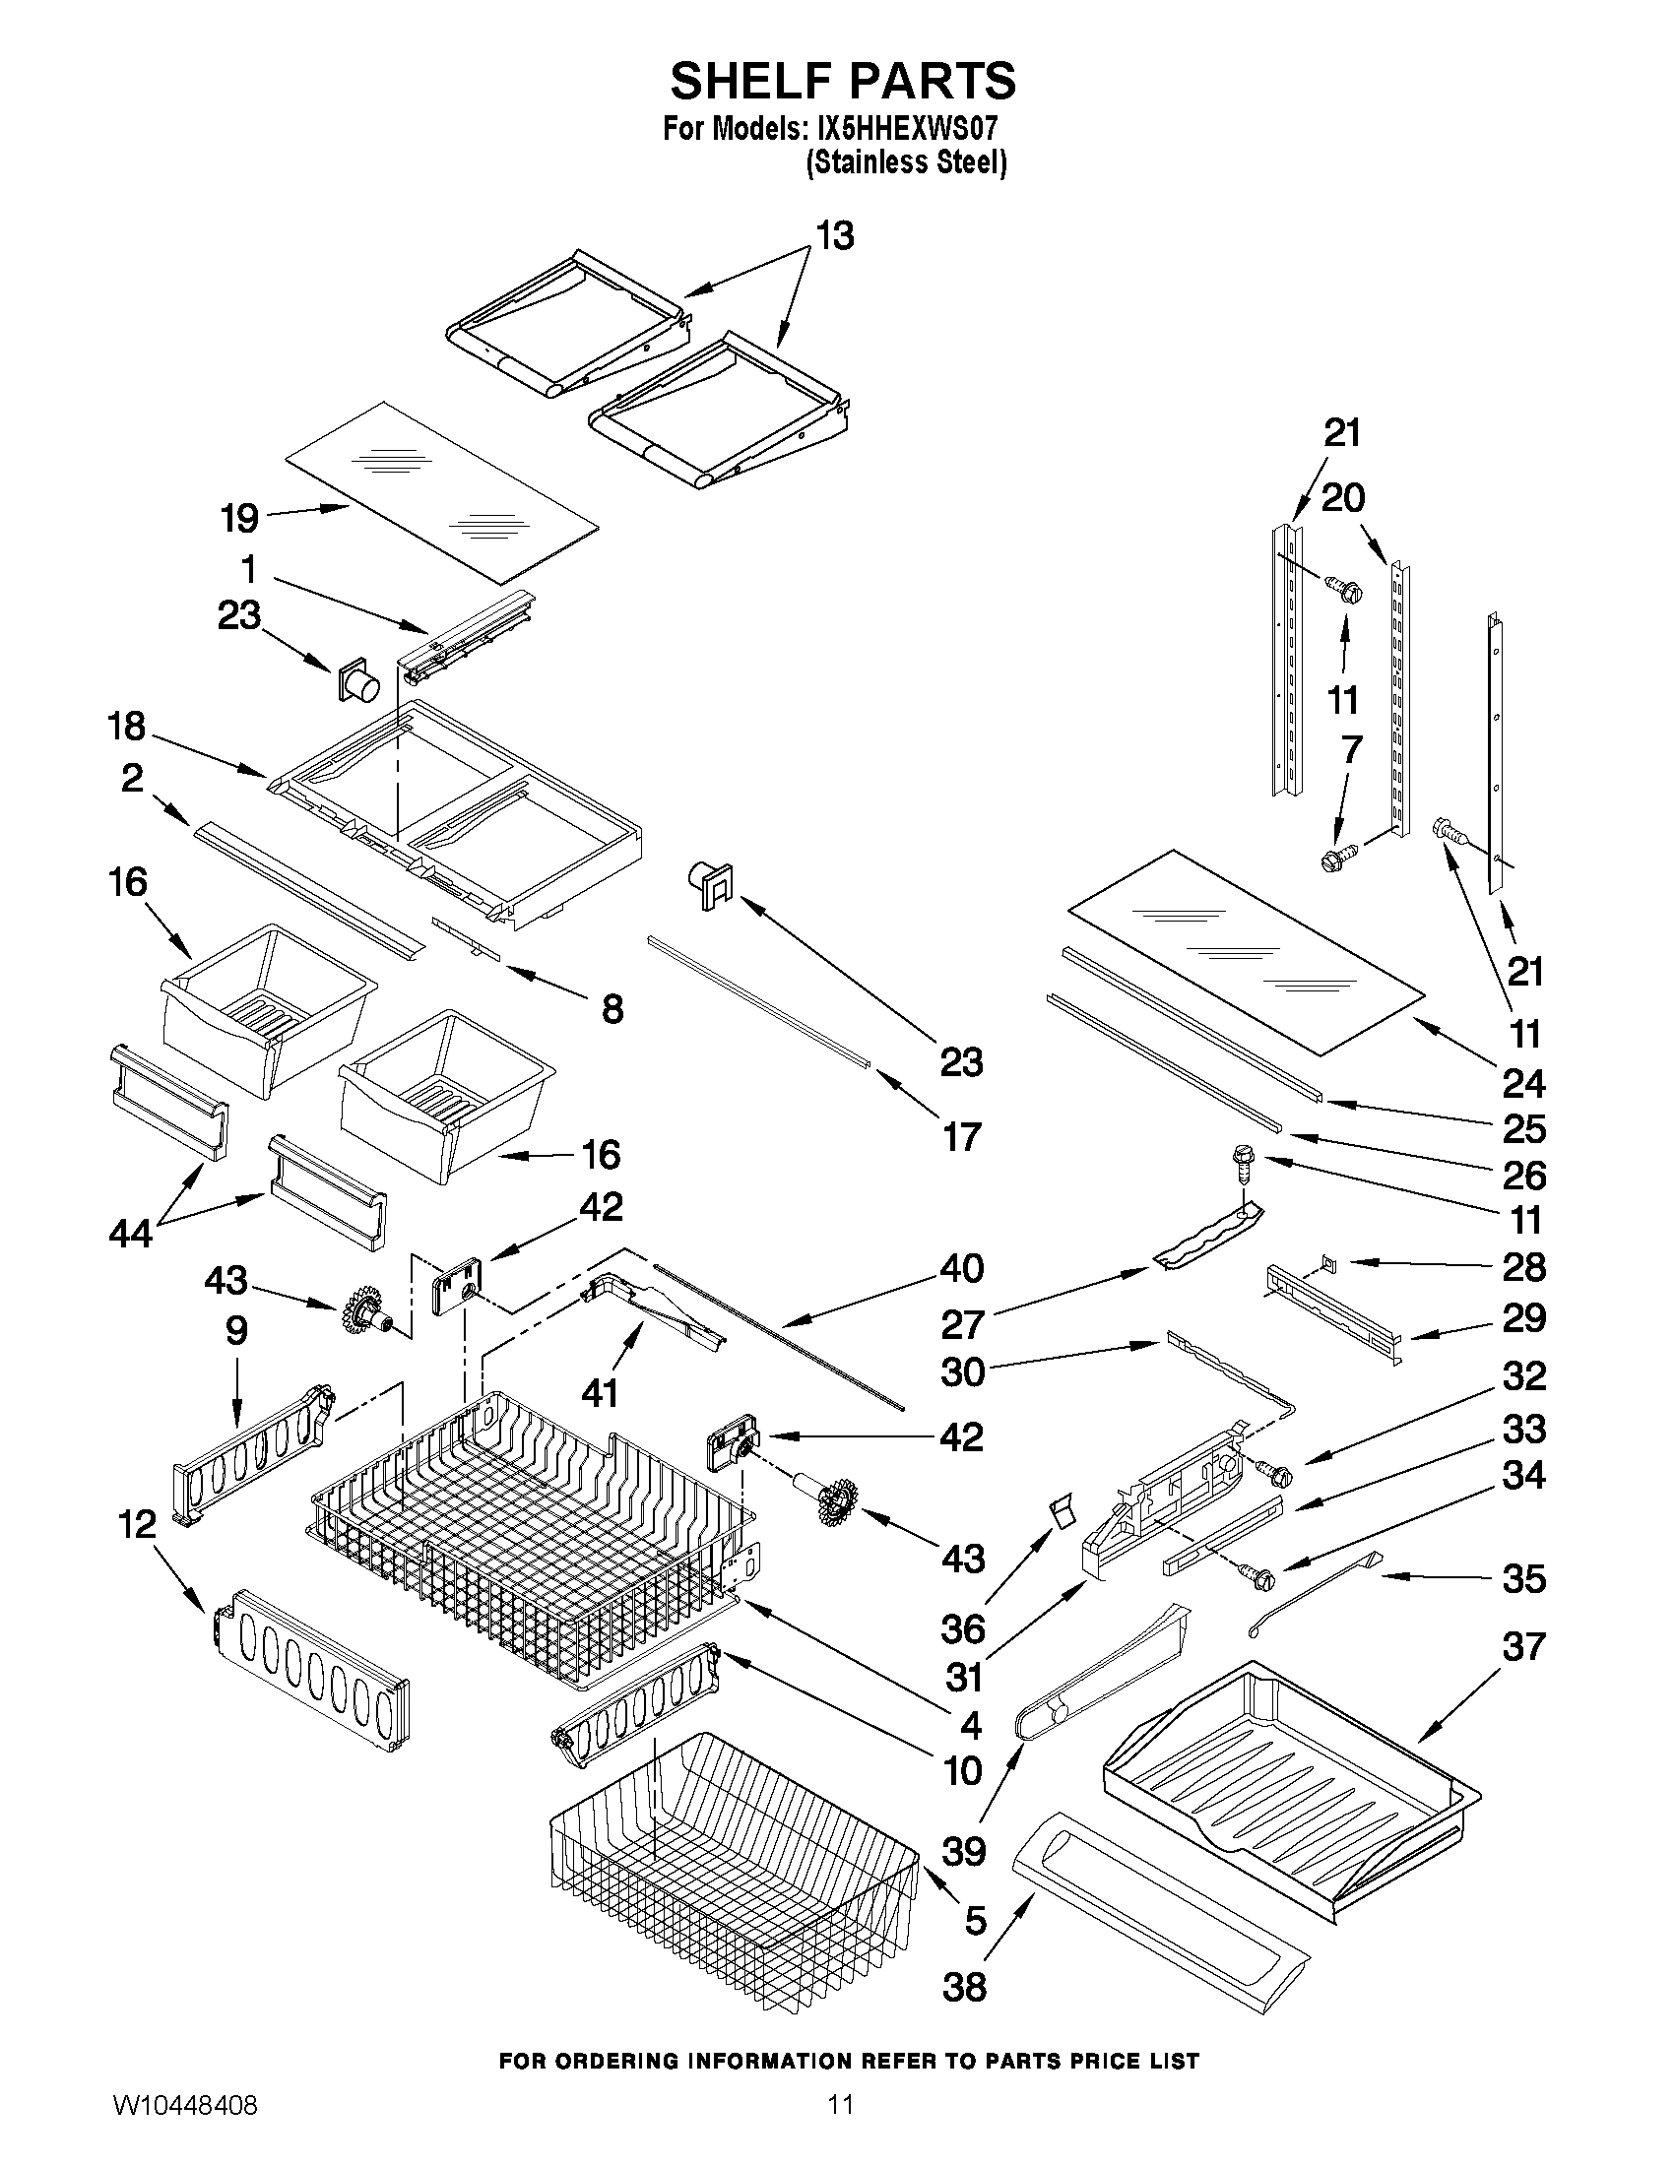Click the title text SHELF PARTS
click(x=843, y=82)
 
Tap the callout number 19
click(x=239, y=518)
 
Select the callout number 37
click(x=1523, y=1647)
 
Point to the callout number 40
click(x=960, y=1268)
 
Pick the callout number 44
click(x=131, y=1235)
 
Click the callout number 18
click(x=127, y=728)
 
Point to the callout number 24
click(x=1524, y=1083)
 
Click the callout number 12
click(x=137, y=1524)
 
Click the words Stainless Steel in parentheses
click(x=906, y=161)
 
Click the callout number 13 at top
click(x=834, y=237)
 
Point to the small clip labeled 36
click(x=1063, y=1514)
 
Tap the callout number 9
click(x=236, y=1330)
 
